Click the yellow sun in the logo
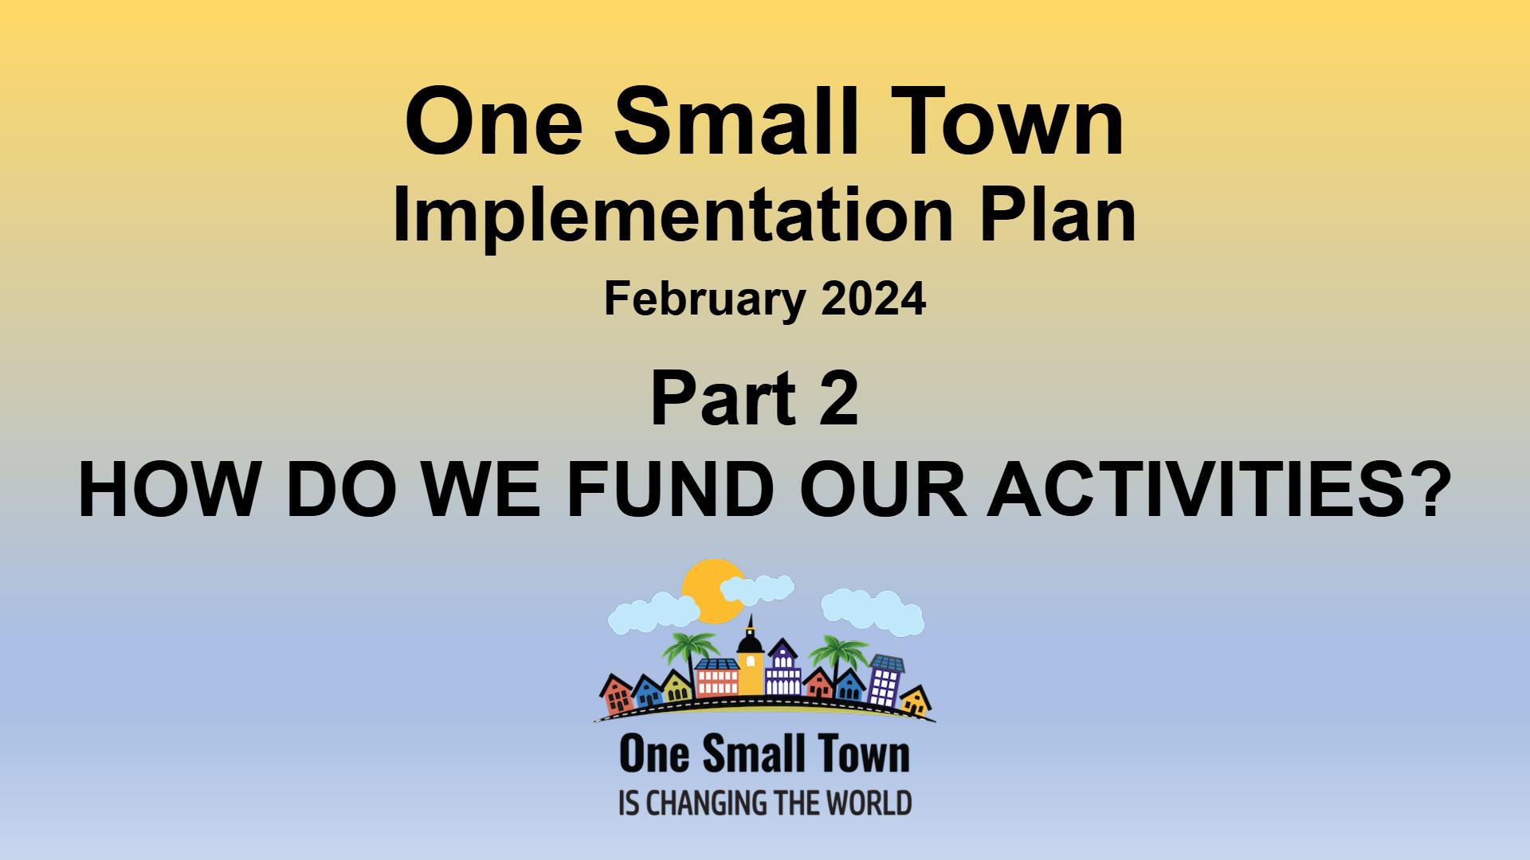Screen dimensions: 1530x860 pos(713,590)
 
